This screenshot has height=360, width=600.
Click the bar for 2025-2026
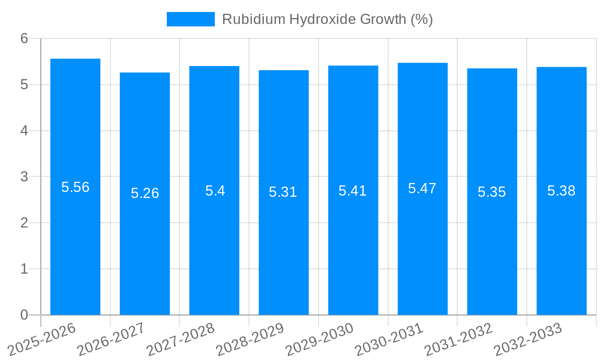coord(75,187)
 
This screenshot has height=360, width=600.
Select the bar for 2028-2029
coord(283,193)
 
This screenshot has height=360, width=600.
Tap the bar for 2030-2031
coord(422,189)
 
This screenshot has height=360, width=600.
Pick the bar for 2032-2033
coord(561,191)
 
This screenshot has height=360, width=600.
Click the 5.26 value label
coord(145,193)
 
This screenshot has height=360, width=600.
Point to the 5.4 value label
coord(214,191)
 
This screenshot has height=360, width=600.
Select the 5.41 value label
coord(353,191)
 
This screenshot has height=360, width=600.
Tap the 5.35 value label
coord(492,192)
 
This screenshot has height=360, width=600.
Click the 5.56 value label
coord(75,187)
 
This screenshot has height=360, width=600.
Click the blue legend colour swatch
coord(190,19)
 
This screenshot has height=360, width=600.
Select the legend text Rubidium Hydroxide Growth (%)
coord(327,19)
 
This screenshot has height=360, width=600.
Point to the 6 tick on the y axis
coord(24,38)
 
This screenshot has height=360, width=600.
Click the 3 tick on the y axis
coord(24,177)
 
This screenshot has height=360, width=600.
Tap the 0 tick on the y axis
coord(24,315)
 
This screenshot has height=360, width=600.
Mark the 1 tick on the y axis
coord(24,269)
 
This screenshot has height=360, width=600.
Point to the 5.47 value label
coord(422,188)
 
